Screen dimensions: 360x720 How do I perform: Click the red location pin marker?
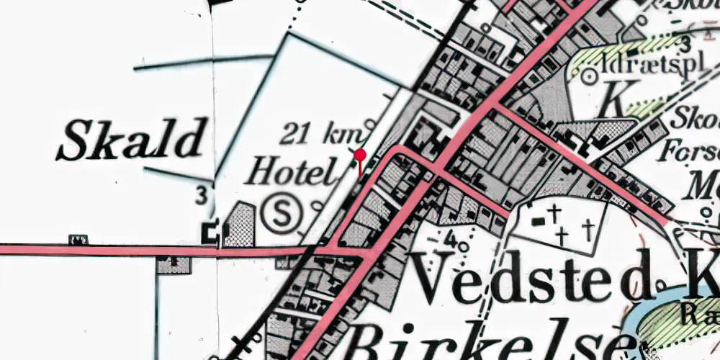(360, 154)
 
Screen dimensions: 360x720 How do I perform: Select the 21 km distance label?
(323, 134)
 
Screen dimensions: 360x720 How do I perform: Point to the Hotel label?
(292, 173)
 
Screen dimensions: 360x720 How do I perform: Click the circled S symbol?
(281, 214)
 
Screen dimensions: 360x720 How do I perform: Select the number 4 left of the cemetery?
(451, 236)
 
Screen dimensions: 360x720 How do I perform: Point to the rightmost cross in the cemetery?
(588, 230)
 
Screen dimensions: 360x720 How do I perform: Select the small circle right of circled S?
(318, 207)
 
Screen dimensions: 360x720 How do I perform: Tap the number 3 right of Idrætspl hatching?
(685, 40)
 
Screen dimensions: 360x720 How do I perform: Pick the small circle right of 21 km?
(371, 122)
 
